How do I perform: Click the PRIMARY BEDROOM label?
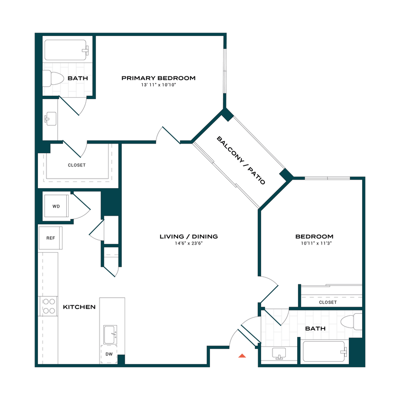click(158, 78)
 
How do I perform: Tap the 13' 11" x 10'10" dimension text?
click(158, 85)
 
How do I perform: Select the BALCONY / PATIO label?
click(240, 160)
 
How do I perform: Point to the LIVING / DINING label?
click(188, 236)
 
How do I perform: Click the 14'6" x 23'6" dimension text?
click(188, 244)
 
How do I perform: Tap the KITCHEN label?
click(79, 307)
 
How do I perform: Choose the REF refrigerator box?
click(51, 237)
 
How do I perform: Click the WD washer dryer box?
click(56, 207)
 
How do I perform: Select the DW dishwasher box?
click(109, 354)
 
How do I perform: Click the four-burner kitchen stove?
click(48, 306)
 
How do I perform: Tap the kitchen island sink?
click(110, 335)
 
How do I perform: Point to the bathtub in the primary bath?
click(66, 50)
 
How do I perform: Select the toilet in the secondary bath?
click(351, 322)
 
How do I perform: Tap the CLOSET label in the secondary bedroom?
click(327, 302)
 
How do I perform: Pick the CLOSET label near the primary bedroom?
click(76, 165)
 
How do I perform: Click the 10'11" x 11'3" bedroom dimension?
click(314, 244)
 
